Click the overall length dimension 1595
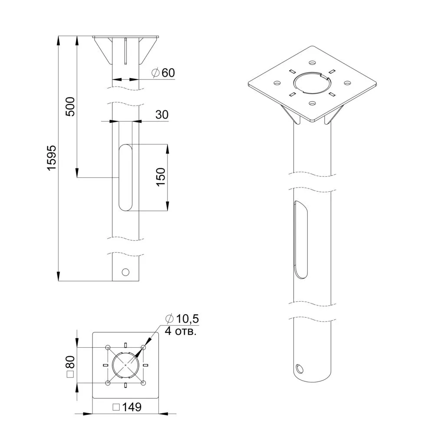(52, 158)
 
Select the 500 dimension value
(70, 107)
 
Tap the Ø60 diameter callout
(163, 73)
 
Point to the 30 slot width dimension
(162, 115)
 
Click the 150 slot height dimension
(161, 177)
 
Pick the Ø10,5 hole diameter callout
(182, 319)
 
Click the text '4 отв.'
(181, 331)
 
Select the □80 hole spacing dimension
(70, 366)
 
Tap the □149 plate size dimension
(127, 407)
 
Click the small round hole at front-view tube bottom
(125, 272)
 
